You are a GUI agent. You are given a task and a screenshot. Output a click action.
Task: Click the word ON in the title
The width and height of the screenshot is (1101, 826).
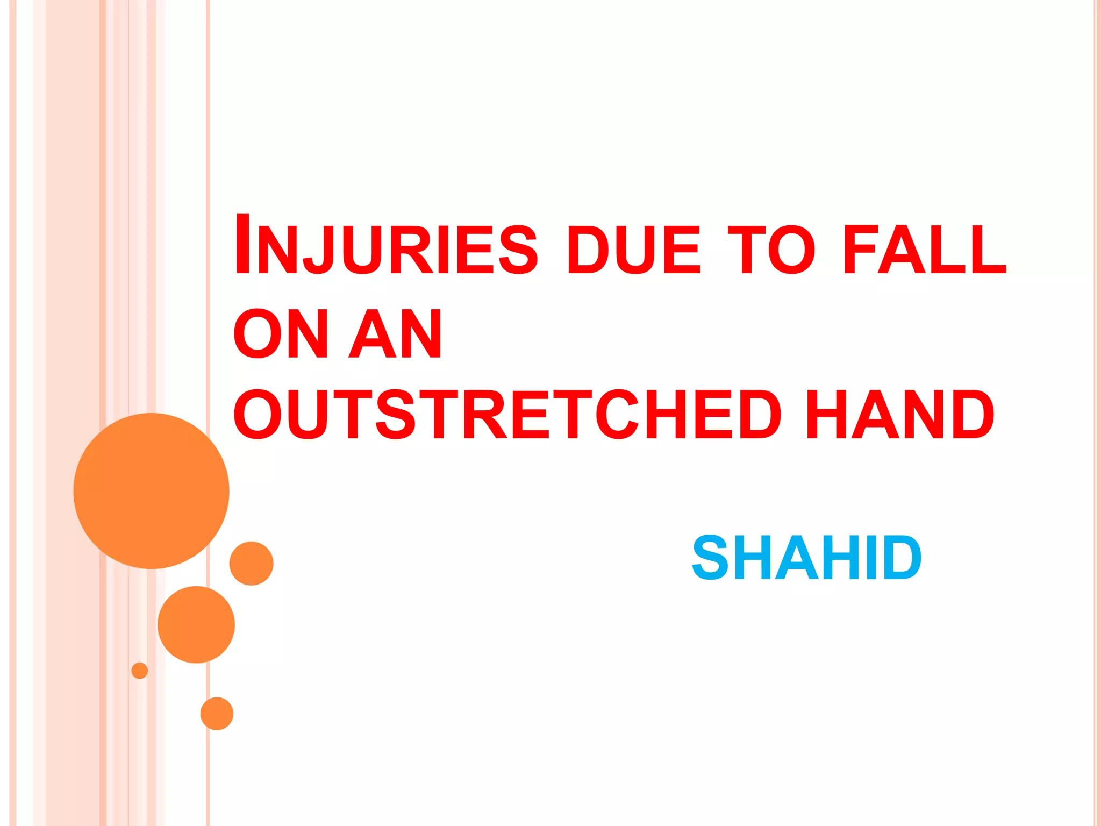280,333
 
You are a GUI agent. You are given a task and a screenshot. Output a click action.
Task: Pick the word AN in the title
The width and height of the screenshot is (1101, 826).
396,333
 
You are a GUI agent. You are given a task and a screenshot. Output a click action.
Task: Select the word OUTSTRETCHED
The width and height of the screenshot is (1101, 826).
507,414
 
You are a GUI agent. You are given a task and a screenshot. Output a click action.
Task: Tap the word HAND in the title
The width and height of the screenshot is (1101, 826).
900,414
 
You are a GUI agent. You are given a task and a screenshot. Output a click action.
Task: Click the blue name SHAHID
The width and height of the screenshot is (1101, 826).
806,558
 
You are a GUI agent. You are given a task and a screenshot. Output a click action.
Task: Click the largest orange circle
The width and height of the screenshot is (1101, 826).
151,490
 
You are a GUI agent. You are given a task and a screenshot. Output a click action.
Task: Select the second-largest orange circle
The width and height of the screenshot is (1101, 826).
196,624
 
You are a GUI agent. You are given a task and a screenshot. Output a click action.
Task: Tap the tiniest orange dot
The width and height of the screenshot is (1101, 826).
140,671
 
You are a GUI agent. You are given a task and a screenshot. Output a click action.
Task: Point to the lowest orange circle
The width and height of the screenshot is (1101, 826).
217,714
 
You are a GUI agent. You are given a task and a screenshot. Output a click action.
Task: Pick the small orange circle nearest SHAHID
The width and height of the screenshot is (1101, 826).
251,563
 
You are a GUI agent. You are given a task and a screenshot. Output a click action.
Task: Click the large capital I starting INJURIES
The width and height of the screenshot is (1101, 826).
243,245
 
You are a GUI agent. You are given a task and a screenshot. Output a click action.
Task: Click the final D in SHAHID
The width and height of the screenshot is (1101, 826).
899,558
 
